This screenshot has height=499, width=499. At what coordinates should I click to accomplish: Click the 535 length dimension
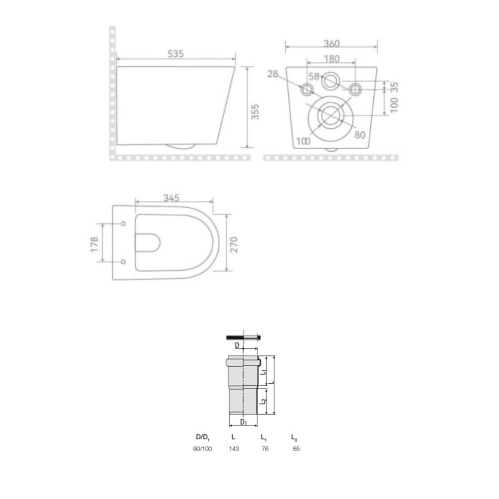tap(176, 54)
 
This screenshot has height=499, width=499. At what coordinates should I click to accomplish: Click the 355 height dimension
tap(255, 112)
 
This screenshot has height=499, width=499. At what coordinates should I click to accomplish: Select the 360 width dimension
tap(332, 43)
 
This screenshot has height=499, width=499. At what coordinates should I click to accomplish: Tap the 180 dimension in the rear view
tap(332, 59)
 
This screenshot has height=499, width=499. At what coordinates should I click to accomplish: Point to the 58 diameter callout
tap(314, 76)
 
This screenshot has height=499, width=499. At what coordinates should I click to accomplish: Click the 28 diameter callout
tap(273, 74)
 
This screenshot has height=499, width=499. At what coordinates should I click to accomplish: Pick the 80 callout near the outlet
tap(360, 135)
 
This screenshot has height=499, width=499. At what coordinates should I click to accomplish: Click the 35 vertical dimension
tap(394, 87)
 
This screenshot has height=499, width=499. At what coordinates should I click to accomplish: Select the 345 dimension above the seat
tap(171, 198)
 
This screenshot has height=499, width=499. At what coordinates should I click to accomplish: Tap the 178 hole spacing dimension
tap(95, 245)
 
